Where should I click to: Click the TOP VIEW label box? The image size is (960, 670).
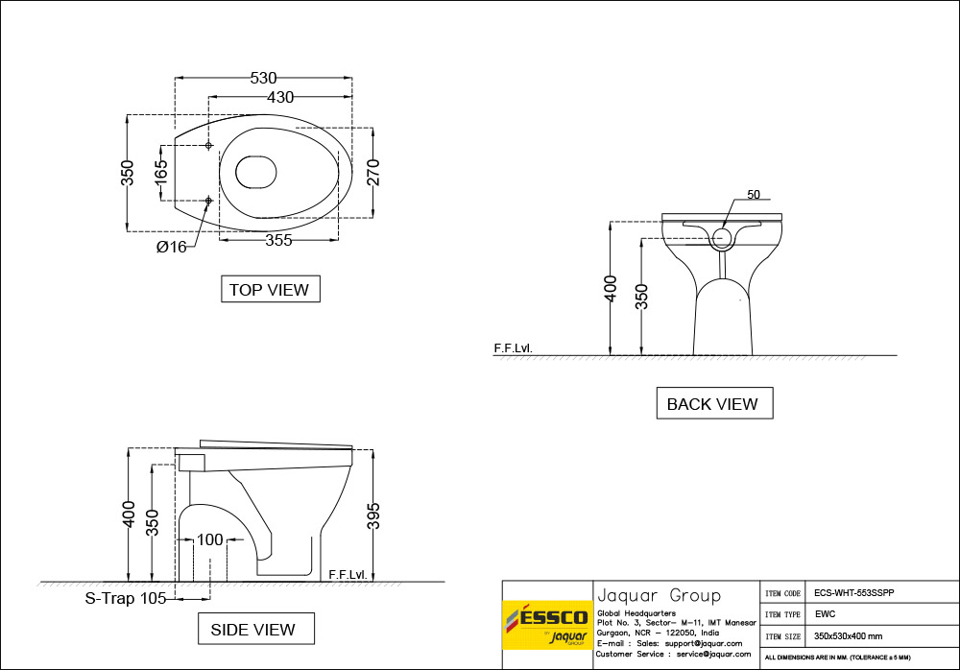tap(269, 289)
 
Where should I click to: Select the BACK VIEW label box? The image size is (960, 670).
tap(712, 404)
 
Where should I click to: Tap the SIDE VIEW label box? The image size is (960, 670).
tap(252, 630)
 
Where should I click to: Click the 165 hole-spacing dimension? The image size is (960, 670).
tap(161, 172)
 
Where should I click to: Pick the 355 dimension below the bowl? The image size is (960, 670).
tap(278, 241)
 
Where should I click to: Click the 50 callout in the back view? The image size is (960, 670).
tap(753, 195)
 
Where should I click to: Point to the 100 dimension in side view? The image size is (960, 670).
tap(209, 539)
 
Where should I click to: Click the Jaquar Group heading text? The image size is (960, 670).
tap(659, 595)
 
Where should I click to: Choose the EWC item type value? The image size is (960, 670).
tap(824, 613)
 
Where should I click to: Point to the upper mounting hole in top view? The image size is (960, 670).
tap(208, 145)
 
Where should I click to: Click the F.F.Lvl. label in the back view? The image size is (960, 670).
tap(513, 347)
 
